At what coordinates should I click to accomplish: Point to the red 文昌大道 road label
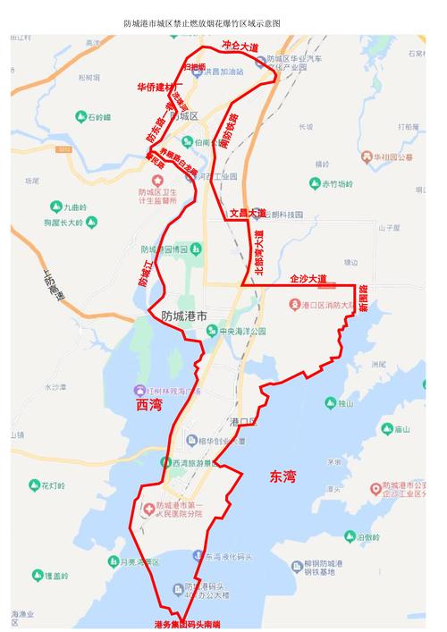click(247, 214)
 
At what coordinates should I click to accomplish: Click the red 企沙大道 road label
click(308, 279)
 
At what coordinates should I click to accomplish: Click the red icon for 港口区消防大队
click(294, 306)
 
